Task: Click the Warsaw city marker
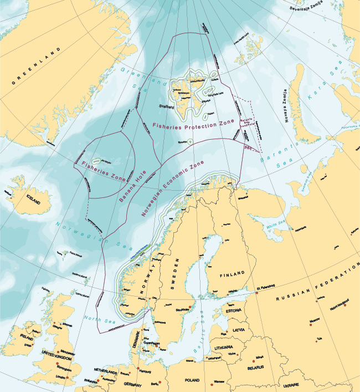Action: tap(212, 382)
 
